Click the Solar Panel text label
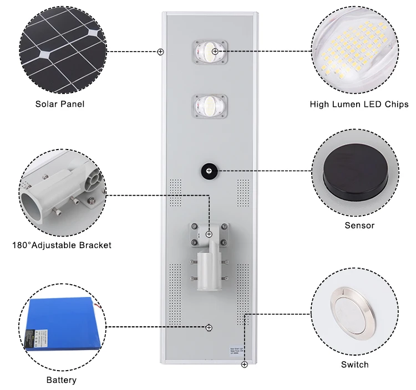pyautogui.click(x=60, y=104)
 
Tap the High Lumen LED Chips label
pyautogui.click(x=359, y=104)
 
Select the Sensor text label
pyautogui.click(x=359, y=225)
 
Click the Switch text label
pyautogui.click(x=354, y=364)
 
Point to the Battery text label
pyautogui.click(x=61, y=380)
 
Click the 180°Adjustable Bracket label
pyautogui.click(x=61, y=245)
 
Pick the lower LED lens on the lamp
pyautogui.click(x=208, y=105)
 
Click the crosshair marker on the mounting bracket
pyautogui.click(x=209, y=234)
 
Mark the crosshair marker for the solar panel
pyautogui.click(x=160, y=52)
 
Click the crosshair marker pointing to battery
pyautogui.click(x=209, y=328)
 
